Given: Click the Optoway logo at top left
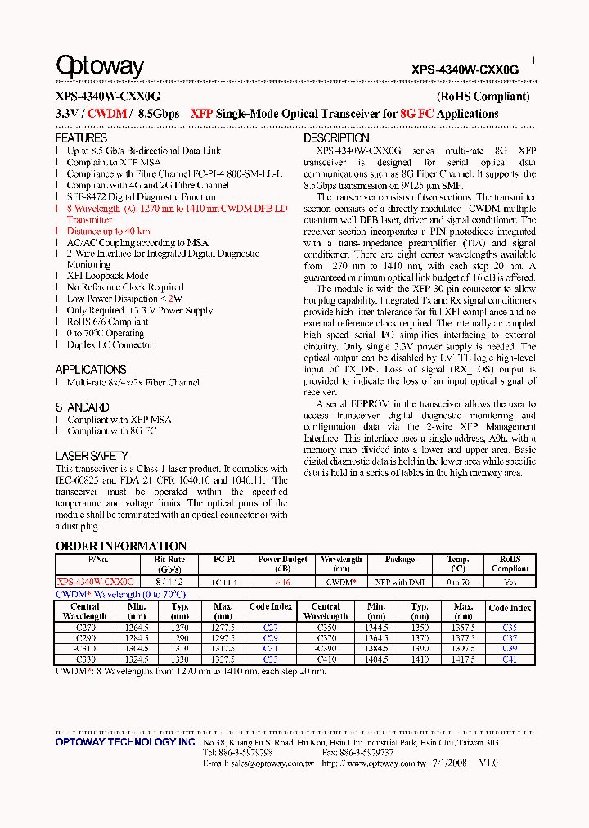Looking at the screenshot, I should click(x=99, y=66).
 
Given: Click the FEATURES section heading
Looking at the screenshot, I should click(x=81, y=138).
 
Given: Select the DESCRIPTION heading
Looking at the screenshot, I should click(x=336, y=138).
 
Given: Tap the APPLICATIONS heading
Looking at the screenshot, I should click(x=91, y=369).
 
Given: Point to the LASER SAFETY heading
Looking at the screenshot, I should click(x=92, y=455).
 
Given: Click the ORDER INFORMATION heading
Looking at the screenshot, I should click(x=121, y=546).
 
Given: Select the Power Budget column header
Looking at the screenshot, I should click(x=282, y=564).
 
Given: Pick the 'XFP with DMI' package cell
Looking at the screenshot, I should click(x=399, y=582).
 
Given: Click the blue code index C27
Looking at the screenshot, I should click(x=270, y=627).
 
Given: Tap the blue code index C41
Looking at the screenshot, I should click(x=509, y=659).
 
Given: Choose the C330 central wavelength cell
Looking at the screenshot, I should click(x=85, y=659).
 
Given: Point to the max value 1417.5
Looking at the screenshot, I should click(x=463, y=659).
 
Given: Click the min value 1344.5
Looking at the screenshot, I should click(x=376, y=627).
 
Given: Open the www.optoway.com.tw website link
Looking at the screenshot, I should click(x=386, y=763).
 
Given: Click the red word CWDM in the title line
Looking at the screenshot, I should click(x=106, y=114).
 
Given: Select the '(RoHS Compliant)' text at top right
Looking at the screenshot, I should click(x=483, y=97).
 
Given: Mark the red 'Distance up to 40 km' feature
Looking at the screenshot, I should click(x=108, y=232).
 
